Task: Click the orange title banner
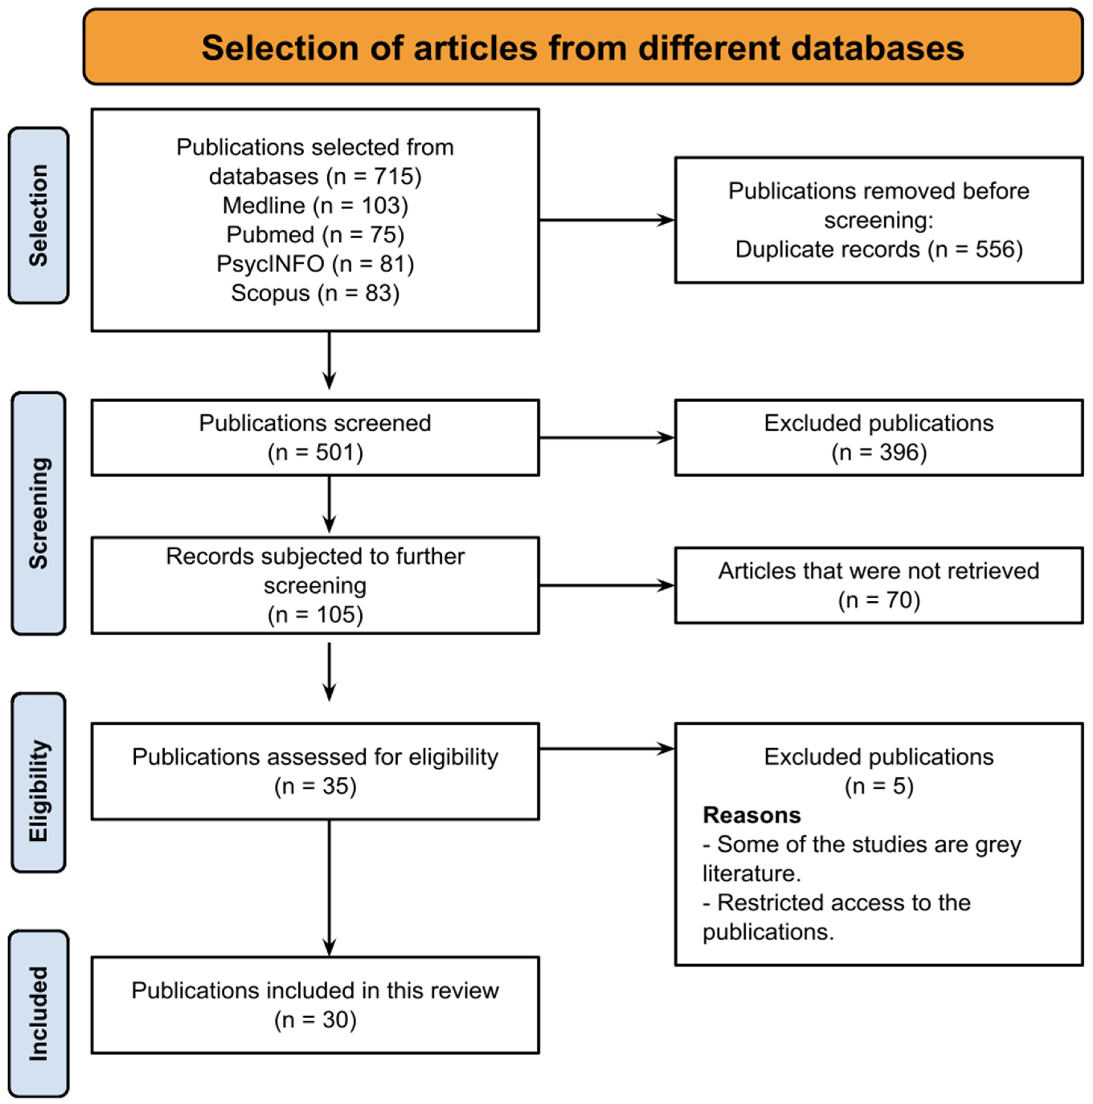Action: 582,47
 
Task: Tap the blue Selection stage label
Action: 38,215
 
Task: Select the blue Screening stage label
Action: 38,513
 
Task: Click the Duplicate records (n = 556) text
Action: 878,250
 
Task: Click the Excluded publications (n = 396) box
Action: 878,438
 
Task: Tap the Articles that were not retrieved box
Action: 878,585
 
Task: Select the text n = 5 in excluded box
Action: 878,786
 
